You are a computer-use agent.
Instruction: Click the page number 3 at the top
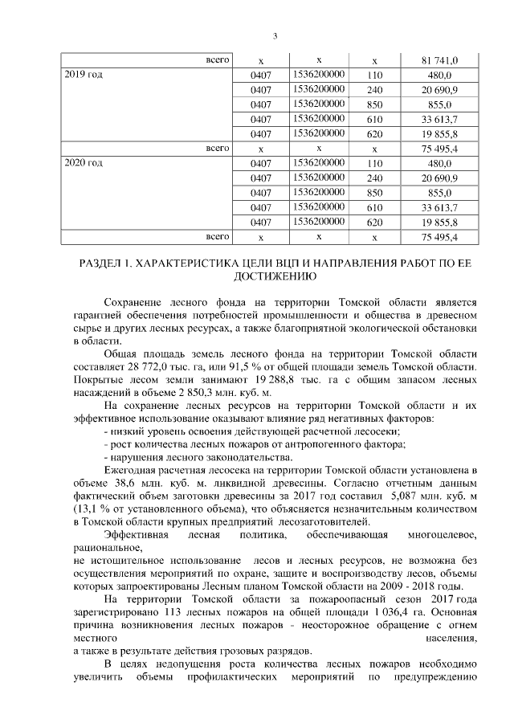275,35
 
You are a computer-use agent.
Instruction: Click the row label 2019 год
84,75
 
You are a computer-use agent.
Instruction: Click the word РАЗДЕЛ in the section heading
104,263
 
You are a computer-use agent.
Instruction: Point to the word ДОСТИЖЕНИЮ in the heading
275,276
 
